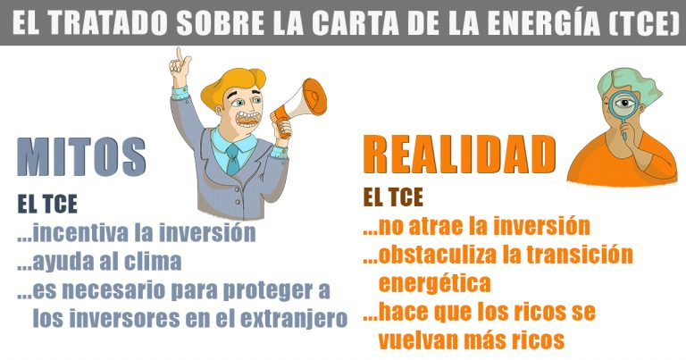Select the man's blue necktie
point(232,160)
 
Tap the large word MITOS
point(81,156)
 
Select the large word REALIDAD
point(459,155)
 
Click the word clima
point(153,261)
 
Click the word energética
point(434,283)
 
